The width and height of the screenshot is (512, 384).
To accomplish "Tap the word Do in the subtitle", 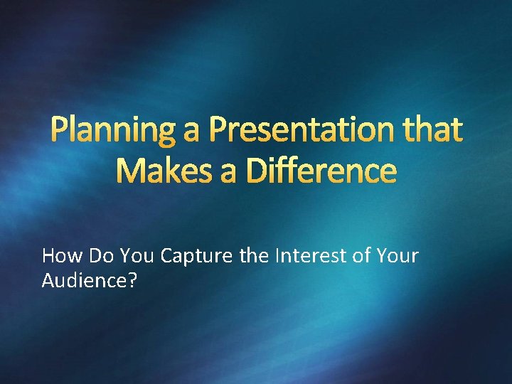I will (x=98, y=255).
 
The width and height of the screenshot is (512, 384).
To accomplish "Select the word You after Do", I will (x=135, y=255).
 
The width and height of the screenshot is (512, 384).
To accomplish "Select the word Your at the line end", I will (x=400, y=255).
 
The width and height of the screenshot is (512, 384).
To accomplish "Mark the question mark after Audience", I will (x=133, y=282).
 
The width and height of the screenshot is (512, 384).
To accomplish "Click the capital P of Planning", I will (x=60, y=132).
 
